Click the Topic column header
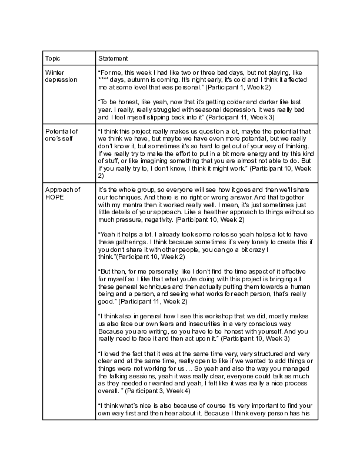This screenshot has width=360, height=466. pos(52,59)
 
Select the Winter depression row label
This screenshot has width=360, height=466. pos(61,75)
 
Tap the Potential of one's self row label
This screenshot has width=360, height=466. pos(61,134)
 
